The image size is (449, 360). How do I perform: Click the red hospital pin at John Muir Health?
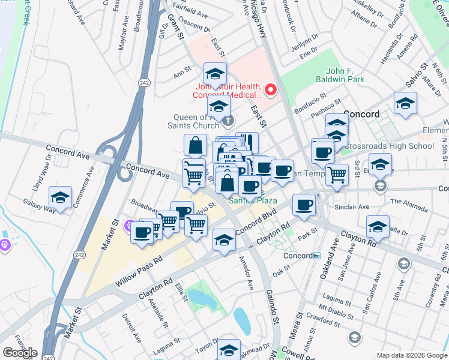[x=271, y=91]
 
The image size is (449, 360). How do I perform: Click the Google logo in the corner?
[x=19, y=353]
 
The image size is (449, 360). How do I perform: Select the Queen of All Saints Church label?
[x=199, y=121]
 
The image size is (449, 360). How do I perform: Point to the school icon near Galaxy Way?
[x=60, y=197]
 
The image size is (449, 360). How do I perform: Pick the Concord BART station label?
[x=298, y=255]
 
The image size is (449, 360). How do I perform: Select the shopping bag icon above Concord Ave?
[x=196, y=146]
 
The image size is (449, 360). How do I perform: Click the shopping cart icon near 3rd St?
[x=337, y=175]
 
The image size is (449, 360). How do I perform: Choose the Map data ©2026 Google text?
[x=411, y=355]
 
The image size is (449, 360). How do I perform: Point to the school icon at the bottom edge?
[x=229, y=350]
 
